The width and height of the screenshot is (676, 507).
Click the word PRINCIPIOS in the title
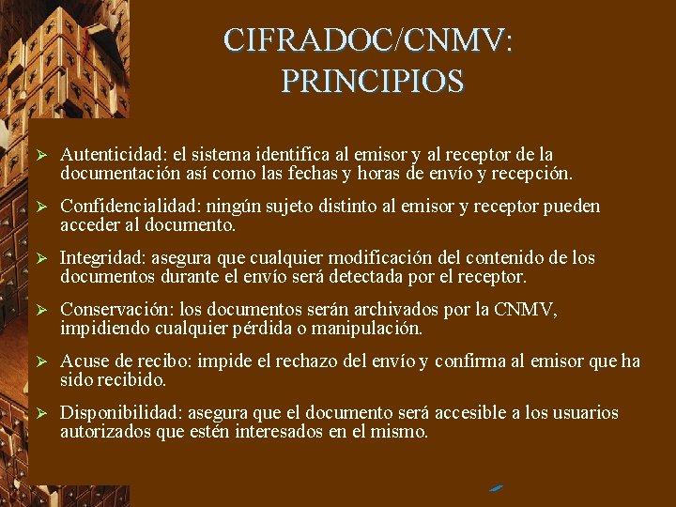click(372, 82)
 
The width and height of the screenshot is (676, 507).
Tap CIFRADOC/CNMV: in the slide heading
click(369, 40)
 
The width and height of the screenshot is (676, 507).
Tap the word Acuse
click(83, 361)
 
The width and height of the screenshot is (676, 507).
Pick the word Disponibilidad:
click(121, 413)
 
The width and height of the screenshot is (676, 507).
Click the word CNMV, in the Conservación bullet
click(527, 310)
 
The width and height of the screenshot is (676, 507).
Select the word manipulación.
click(373, 329)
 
